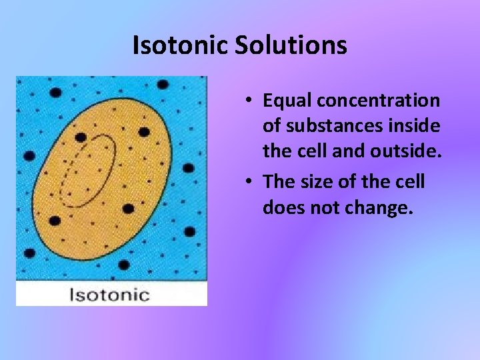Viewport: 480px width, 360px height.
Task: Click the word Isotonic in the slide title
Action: pos(171,46)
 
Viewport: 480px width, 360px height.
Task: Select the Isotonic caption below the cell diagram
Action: pos(110,294)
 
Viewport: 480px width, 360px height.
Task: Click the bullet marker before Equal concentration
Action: pos(247,101)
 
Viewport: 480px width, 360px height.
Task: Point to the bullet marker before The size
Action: pos(247,181)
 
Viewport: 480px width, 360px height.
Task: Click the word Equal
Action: pos(287,101)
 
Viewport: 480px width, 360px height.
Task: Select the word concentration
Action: pos(379,101)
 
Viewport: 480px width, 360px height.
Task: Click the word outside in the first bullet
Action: pos(411,153)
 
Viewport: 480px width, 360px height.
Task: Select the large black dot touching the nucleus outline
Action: pos(81,137)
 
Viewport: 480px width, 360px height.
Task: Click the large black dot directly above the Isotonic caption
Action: pos(123,265)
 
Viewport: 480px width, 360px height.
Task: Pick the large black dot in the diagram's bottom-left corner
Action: pos(29,254)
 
